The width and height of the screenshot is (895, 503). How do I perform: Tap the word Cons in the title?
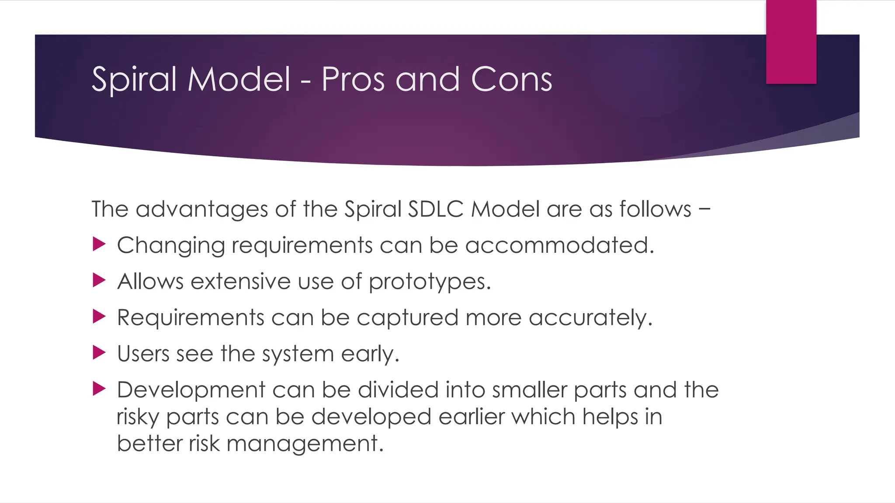(x=511, y=80)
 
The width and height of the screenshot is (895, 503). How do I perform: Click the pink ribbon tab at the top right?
(x=791, y=41)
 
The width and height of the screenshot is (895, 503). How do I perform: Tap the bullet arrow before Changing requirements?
(x=99, y=245)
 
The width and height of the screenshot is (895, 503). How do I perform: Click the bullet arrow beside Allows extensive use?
(x=99, y=281)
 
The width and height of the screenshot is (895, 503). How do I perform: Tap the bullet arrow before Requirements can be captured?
(x=99, y=317)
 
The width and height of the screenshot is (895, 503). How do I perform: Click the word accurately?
(x=590, y=318)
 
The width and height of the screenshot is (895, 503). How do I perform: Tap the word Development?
(x=191, y=390)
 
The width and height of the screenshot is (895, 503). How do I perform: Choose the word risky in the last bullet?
(x=138, y=417)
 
